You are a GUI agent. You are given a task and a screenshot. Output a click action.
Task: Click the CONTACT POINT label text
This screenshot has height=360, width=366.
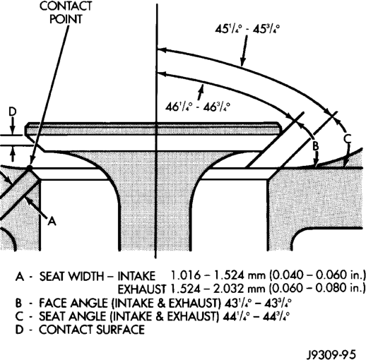(66, 13)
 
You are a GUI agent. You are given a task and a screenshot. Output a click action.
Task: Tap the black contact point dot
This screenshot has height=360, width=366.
(29, 168)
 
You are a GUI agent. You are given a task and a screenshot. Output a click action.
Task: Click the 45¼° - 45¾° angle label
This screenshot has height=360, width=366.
(247, 30)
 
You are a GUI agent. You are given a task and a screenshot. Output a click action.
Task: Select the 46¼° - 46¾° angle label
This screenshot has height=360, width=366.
(197, 107)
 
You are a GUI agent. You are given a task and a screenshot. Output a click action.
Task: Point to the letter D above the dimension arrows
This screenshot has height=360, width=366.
(13, 112)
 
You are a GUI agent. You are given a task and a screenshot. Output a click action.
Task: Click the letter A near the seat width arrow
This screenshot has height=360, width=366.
(52, 221)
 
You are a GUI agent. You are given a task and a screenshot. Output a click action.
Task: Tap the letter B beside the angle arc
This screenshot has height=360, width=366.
(315, 146)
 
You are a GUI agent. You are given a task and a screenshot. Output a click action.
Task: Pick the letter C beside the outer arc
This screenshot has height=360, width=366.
(347, 138)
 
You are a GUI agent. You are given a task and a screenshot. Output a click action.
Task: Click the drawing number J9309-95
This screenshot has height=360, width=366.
(331, 354)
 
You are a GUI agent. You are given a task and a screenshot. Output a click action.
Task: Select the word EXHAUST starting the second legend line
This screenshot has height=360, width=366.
(141, 289)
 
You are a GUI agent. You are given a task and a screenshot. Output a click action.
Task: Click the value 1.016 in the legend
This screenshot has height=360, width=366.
(185, 275)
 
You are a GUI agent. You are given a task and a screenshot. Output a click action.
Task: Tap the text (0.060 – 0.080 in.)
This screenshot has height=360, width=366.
(317, 288)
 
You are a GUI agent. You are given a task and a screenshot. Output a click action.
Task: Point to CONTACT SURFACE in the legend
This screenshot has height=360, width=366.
(92, 330)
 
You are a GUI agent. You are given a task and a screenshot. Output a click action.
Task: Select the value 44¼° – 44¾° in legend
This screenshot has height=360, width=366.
(256, 316)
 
